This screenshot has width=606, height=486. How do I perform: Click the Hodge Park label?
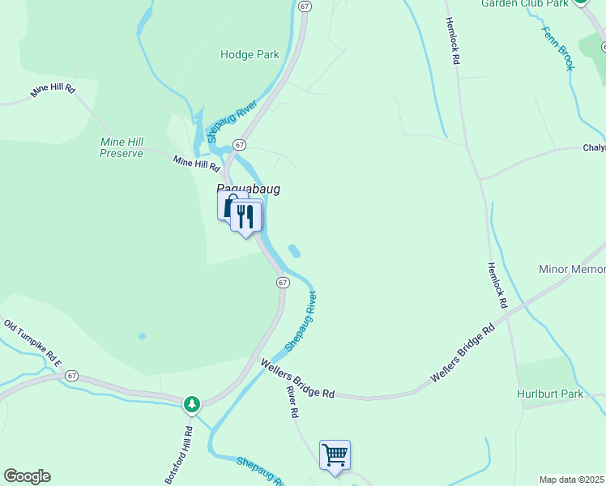tap(250, 55)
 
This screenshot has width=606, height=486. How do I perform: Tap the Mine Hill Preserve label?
tap(122, 147)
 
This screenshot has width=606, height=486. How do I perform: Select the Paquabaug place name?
tap(248, 189)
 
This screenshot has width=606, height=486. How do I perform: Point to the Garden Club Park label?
tap(525, 4)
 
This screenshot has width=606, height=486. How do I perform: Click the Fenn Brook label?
tap(559, 45)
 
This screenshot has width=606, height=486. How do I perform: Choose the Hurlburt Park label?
tap(549, 394)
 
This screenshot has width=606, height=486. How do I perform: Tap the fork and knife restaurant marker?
tap(246, 216)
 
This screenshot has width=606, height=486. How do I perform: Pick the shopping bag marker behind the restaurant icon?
tap(228, 204)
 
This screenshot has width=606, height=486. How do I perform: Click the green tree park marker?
tap(192, 403)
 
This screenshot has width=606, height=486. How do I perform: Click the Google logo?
tap(27, 476)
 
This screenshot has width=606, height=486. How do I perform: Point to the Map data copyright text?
tap(572, 480)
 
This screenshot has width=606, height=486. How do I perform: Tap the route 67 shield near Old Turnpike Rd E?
tap(72, 376)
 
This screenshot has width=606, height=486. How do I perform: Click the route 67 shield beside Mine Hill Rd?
tap(239, 144)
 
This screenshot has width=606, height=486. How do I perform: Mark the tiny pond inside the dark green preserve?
tap(143, 335)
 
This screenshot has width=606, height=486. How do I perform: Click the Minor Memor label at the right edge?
tap(572, 269)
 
